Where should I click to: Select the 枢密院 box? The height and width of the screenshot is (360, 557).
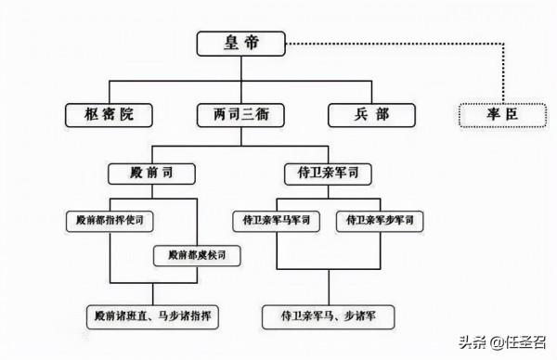point(109,116)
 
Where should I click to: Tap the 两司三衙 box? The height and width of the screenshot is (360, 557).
point(240,116)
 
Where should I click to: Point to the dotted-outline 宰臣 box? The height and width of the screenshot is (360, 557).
point(498,116)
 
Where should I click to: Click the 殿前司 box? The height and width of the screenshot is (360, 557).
point(152,174)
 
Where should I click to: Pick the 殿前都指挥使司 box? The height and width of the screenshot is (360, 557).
point(110,221)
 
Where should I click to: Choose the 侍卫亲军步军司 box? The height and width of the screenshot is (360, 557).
point(381,221)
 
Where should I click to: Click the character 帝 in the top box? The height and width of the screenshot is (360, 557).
point(253,42)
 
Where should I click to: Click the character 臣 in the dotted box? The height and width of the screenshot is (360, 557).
point(510,116)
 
